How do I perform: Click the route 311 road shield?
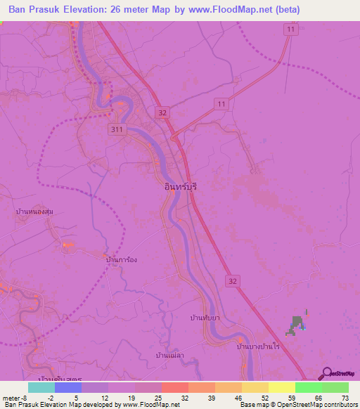(x=117, y=129)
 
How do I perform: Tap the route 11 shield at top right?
(x=291, y=30)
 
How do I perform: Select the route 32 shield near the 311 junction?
(x=163, y=112)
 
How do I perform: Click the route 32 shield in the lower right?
(x=233, y=280)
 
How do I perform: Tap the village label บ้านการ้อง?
(x=120, y=260)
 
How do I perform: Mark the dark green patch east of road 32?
(x=297, y=324)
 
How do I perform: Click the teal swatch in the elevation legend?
(x=41, y=387)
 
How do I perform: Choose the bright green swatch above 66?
(x=308, y=387)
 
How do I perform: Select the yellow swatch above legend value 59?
(x=281, y=387)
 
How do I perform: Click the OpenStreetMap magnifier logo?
(x=326, y=374)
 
